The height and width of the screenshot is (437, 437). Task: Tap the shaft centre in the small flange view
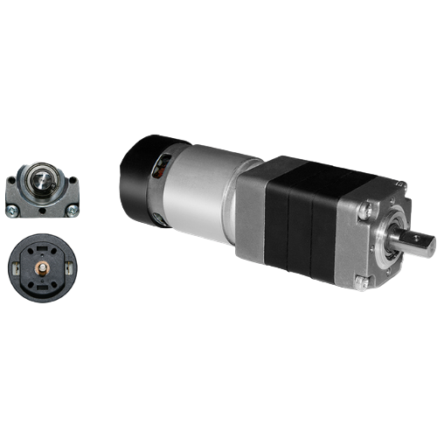coord(41,181)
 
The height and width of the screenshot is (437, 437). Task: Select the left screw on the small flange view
coord(13,208)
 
